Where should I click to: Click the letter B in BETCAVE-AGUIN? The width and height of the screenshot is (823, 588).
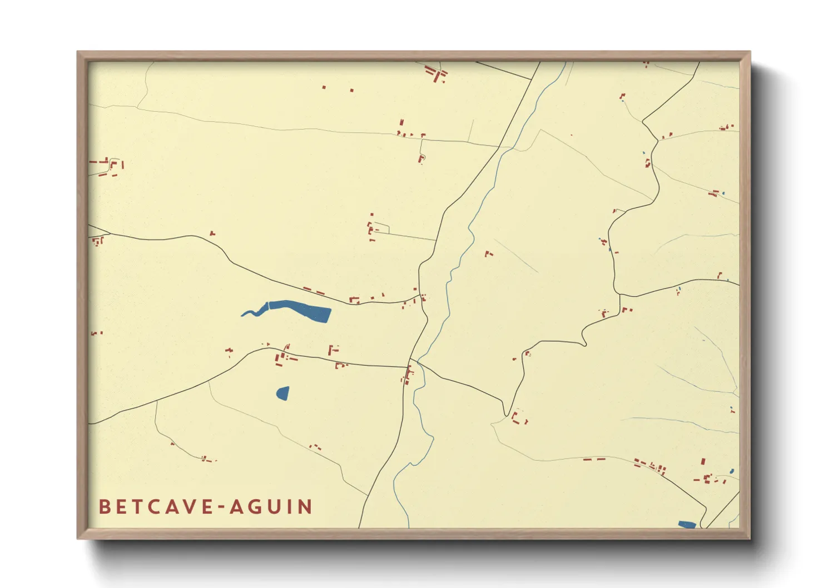104,507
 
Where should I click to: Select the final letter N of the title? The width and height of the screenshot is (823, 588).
305,507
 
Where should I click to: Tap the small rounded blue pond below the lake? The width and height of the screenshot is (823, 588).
283,393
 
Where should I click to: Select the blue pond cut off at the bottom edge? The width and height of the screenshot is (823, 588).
687,524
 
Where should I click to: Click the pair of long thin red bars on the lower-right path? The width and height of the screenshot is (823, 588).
594,460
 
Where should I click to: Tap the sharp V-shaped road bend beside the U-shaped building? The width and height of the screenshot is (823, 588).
506,414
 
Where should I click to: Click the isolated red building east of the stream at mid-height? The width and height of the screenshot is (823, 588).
488,254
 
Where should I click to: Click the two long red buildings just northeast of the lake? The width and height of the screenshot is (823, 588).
314,291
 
